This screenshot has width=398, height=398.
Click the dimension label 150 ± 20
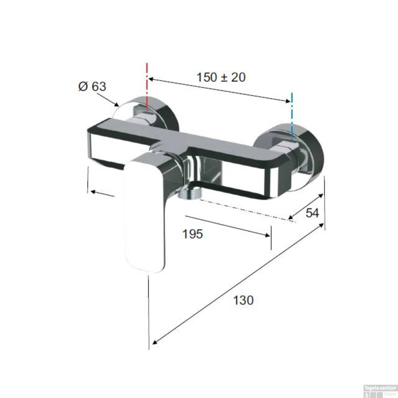click(221, 77)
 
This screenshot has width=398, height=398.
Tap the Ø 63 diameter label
click(92, 86)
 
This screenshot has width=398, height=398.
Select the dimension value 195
click(193, 234)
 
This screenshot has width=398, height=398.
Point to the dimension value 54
click(312, 213)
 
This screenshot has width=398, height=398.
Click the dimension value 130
click(243, 300)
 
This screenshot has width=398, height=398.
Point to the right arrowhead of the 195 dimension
click(268, 235)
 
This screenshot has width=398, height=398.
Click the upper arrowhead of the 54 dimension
click(321, 196)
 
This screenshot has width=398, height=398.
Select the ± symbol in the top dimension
click(224, 77)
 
